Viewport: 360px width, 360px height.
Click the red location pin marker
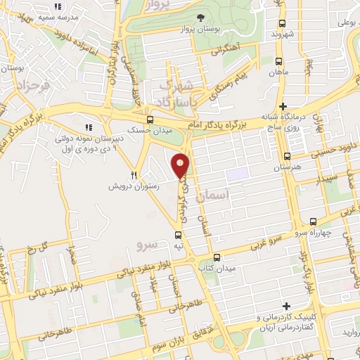181,165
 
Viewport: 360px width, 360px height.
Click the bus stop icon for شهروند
281,21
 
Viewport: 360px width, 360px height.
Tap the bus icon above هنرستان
286,156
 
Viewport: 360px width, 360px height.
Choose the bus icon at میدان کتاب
217,257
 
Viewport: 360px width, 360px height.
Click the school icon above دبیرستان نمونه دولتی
89,127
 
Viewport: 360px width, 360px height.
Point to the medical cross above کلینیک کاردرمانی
286,306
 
